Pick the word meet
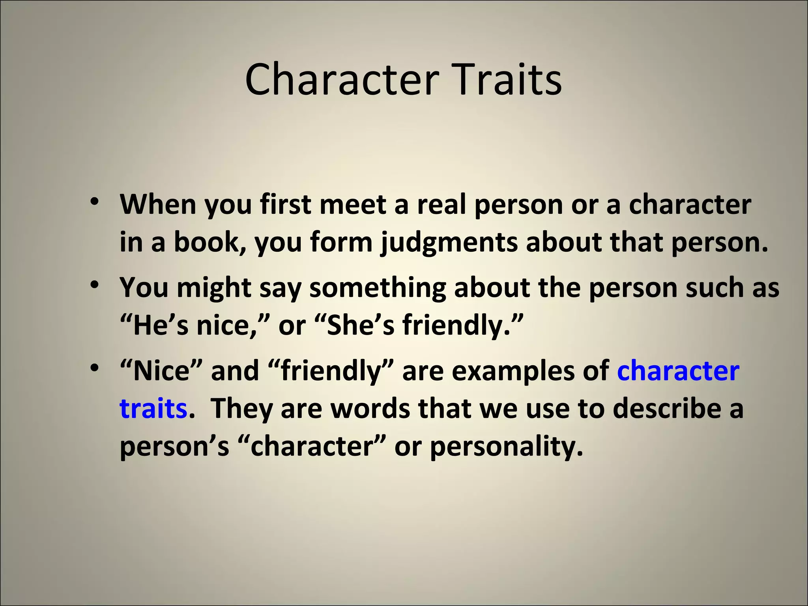pos(353,205)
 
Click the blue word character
pos(678,371)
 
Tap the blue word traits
pos(153,409)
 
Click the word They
pos(241,409)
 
